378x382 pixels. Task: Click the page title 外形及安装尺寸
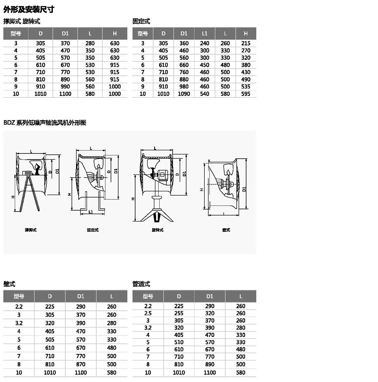(29, 9)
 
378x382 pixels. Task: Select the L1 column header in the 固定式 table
(205, 33)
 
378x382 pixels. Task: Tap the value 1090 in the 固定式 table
(184, 94)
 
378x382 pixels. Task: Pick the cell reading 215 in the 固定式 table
(246, 43)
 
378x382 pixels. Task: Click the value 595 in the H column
(246, 94)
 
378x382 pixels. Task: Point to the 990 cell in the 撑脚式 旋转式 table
(65, 87)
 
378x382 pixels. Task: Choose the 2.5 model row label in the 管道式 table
(148, 313)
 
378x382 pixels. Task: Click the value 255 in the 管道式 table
(179, 313)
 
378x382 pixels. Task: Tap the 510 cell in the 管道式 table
(179, 342)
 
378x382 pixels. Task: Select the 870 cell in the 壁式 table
(81, 364)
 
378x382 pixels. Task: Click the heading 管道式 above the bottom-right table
(141, 284)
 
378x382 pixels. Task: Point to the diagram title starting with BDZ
(45, 123)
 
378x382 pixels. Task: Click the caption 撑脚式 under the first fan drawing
(31, 230)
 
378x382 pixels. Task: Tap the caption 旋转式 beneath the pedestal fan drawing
(158, 230)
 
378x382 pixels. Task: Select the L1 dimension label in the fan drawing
(91, 212)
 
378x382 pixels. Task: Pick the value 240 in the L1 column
(205, 43)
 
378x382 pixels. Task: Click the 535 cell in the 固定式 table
(246, 87)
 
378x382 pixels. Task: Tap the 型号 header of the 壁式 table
(19, 296)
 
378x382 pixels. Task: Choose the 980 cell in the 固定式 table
(184, 87)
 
